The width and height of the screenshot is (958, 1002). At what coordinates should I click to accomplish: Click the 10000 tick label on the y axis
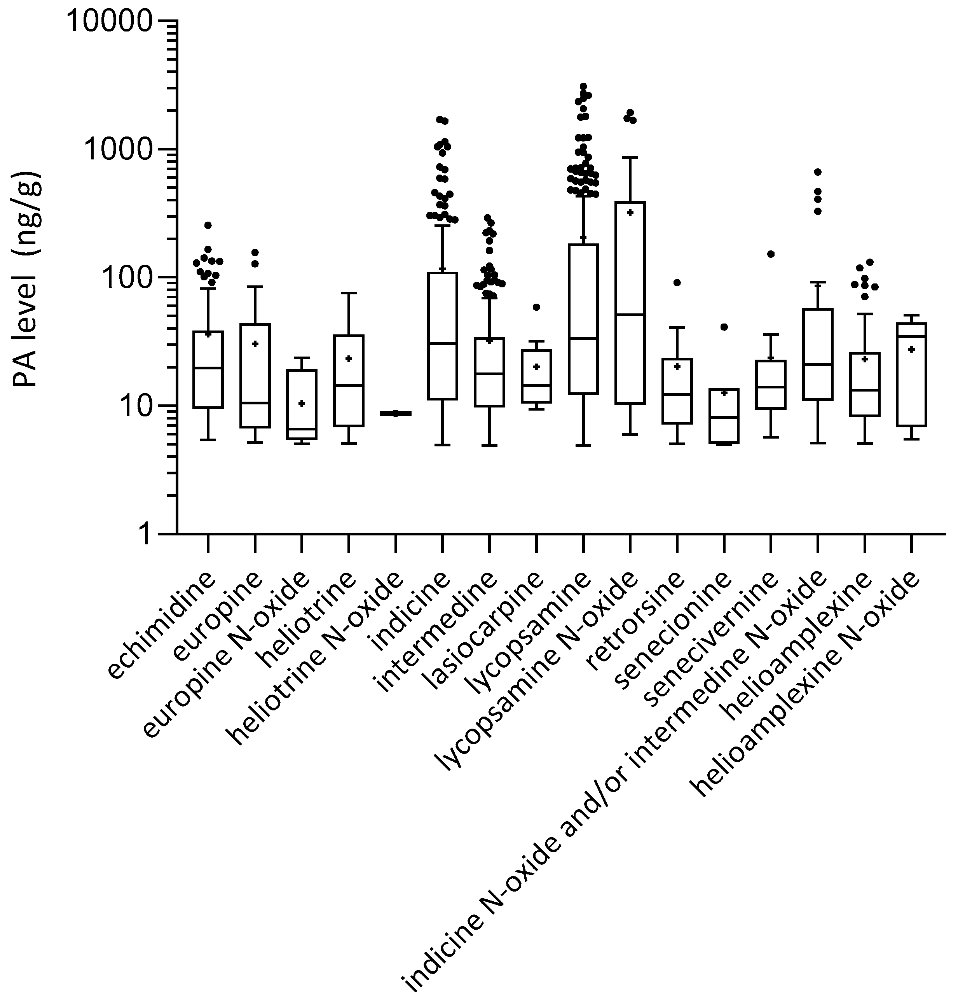click(x=109, y=21)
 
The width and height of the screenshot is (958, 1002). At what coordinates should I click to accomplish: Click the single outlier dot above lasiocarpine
click(x=536, y=307)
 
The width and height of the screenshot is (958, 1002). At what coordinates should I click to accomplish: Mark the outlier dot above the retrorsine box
click(x=677, y=283)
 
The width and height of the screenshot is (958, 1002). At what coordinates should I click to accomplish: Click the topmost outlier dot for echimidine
click(x=208, y=225)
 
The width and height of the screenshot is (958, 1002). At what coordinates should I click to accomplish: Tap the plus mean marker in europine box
click(x=255, y=344)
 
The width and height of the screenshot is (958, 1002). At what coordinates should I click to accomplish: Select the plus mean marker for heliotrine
click(x=349, y=359)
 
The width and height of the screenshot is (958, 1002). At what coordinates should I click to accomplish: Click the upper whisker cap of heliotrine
click(x=349, y=293)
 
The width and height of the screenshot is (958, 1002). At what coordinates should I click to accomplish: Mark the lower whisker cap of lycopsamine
click(x=583, y=446)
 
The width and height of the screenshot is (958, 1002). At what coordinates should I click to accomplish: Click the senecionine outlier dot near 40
click(x=724, y=327)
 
